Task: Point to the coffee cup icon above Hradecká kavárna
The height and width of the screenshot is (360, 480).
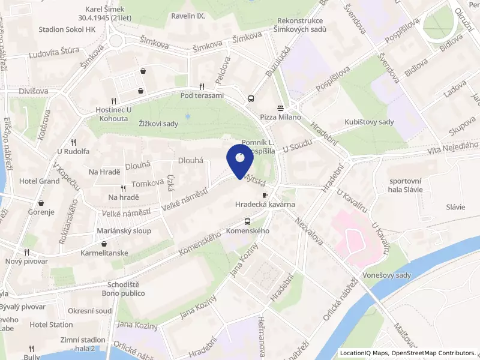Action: click(264, 196)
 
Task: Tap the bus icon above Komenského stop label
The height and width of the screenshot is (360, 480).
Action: click(247, 221)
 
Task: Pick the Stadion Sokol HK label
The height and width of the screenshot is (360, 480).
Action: click(67, 29)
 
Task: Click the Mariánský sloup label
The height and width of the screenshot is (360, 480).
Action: click(124, 231)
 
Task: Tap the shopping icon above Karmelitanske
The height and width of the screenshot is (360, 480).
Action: click(105, 244)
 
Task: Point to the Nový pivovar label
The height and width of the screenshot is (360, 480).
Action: click(26, 262)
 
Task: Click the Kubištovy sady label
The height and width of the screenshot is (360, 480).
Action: click(369, 122)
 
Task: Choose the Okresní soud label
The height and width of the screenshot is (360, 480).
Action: click(89, 311)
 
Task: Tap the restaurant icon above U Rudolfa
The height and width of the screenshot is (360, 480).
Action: click(73, 142)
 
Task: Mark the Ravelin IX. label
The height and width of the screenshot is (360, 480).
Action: click(188, 16)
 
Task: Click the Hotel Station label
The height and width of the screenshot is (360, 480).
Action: click(51, 325)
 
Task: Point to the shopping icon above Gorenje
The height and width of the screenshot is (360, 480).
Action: click(40, 203)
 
